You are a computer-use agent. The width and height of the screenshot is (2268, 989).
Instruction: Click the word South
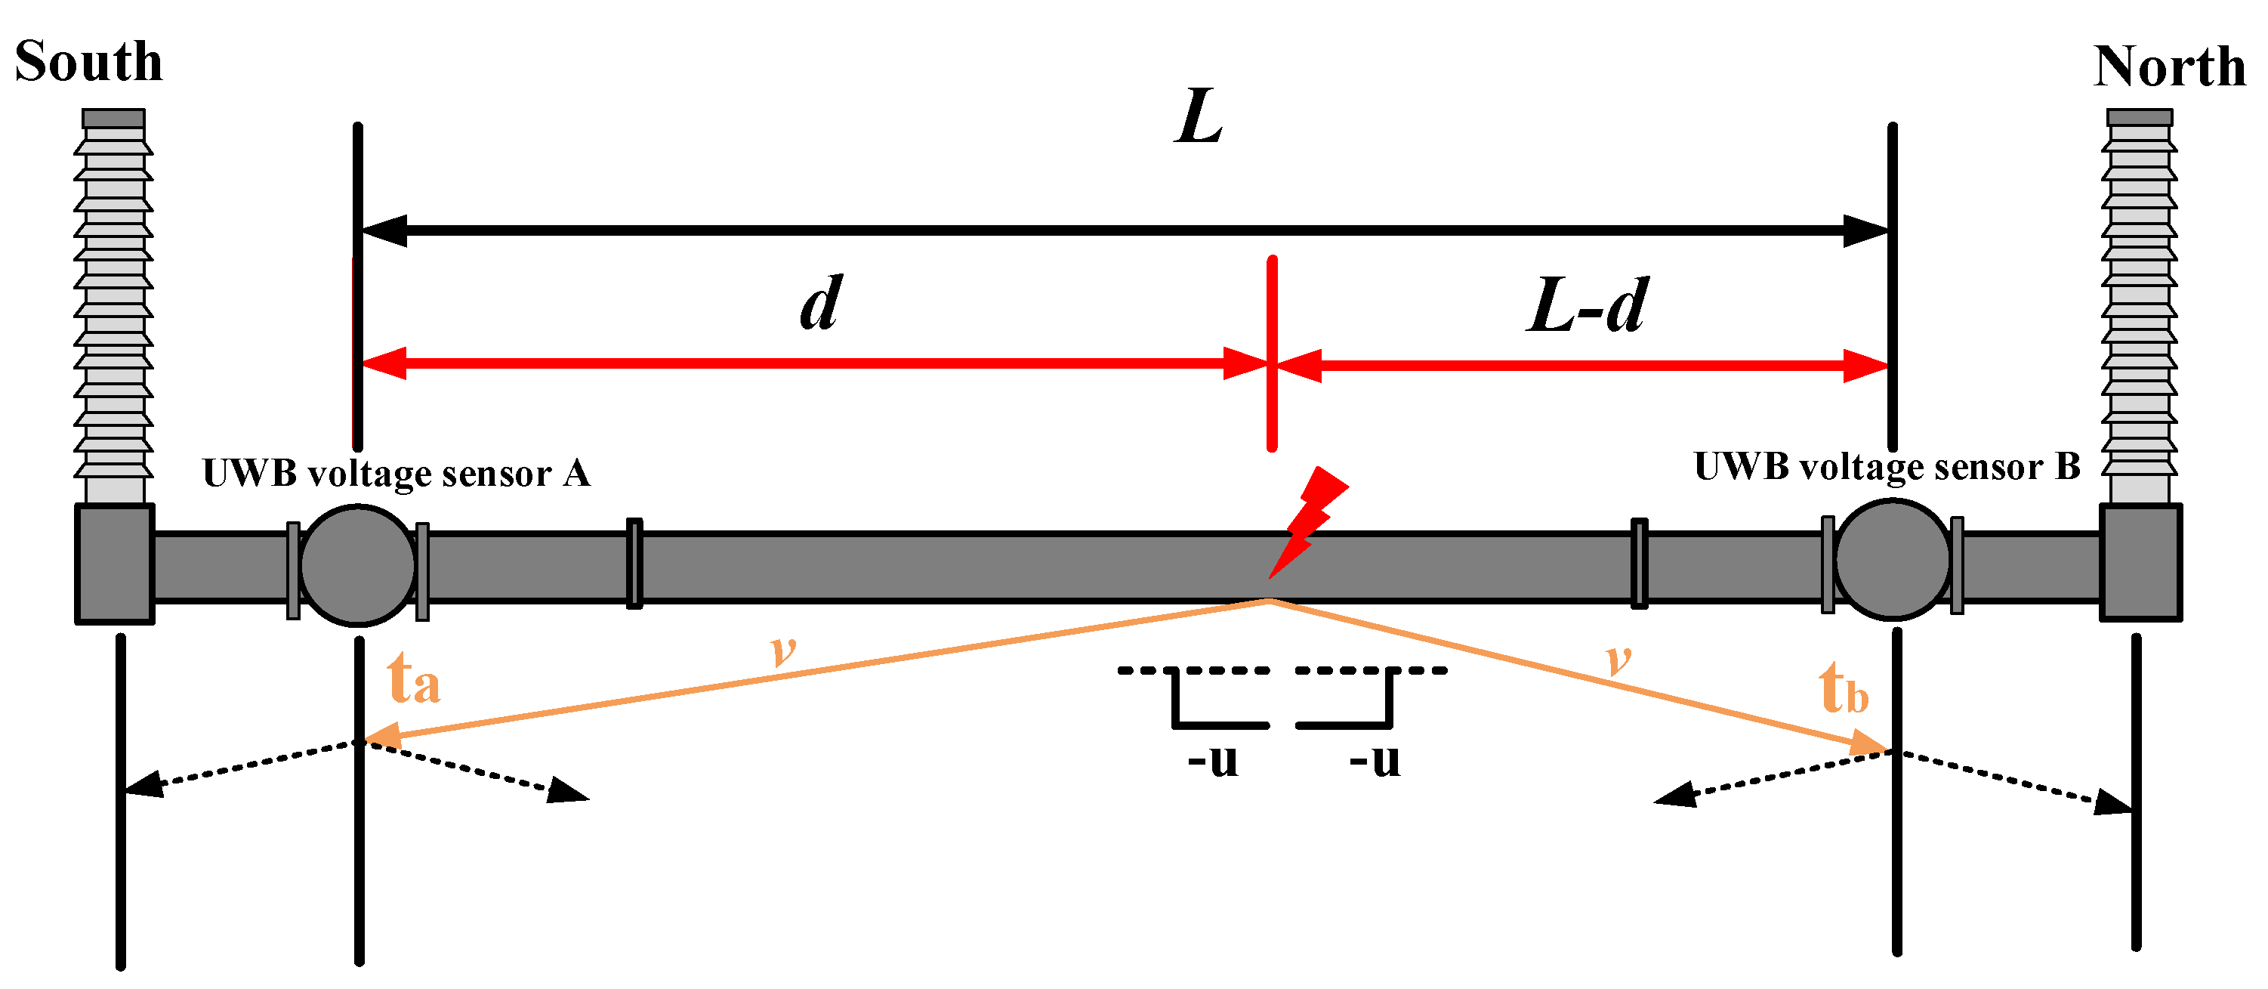[89, 62]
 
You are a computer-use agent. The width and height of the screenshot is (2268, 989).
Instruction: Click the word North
[2169, 67]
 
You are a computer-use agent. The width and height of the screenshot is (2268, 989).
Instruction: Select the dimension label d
[820, 303]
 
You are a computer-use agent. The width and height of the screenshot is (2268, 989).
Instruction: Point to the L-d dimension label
[1586, 305]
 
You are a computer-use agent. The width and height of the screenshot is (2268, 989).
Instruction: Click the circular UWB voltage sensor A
[357, 564]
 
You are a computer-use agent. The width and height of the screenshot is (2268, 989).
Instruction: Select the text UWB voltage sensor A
[397, 474]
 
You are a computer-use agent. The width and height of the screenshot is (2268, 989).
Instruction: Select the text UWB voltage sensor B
[1887, 467]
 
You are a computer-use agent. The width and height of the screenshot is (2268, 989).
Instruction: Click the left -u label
[1212, 759]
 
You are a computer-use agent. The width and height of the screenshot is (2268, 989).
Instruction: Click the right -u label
[1375, 759]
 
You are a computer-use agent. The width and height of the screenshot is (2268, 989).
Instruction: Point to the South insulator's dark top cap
[113, 119]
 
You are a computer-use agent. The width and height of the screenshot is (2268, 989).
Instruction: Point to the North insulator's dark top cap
[2140, 117]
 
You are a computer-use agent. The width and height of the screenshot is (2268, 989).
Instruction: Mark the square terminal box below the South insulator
[116, 564]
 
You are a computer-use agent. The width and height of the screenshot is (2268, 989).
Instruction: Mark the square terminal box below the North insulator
[2140, 563]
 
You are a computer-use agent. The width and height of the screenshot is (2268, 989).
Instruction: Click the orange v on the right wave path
[1618, 658]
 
